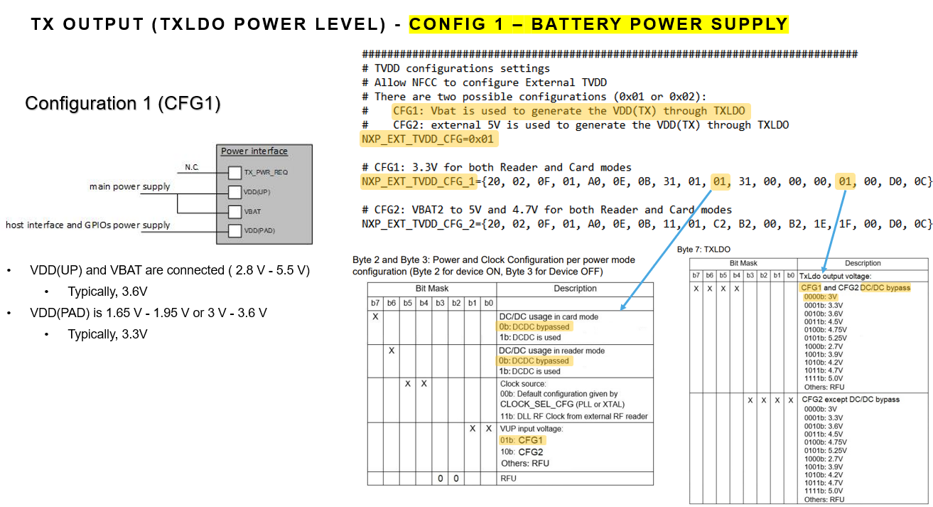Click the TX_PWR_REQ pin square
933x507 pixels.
pos(234,173)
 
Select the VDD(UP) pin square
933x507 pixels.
pos(234,192)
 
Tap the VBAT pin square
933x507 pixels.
pos(234,211)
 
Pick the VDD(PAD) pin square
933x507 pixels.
pos(234,230)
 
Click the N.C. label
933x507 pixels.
pos(192,167)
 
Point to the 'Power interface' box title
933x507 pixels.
pos(254,151)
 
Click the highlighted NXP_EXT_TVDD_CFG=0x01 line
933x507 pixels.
pos(428,139)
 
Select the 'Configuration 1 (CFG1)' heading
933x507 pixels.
pos(123,103)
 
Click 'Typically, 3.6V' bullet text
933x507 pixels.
pos(107,292)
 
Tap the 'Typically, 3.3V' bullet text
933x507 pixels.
pos(107,334)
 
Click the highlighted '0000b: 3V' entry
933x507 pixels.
pos(820,297)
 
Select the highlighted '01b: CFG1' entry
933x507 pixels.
pos(522,440)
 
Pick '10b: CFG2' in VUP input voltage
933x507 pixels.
pos(522,452)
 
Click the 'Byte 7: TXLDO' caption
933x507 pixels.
pos(703,250)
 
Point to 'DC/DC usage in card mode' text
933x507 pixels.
pos(549,317)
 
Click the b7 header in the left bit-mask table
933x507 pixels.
pos(375,303)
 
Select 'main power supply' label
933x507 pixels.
pos(130,186)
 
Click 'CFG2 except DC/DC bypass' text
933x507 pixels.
pos(851,400)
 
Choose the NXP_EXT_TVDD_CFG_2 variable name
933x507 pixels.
pos(419,224)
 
